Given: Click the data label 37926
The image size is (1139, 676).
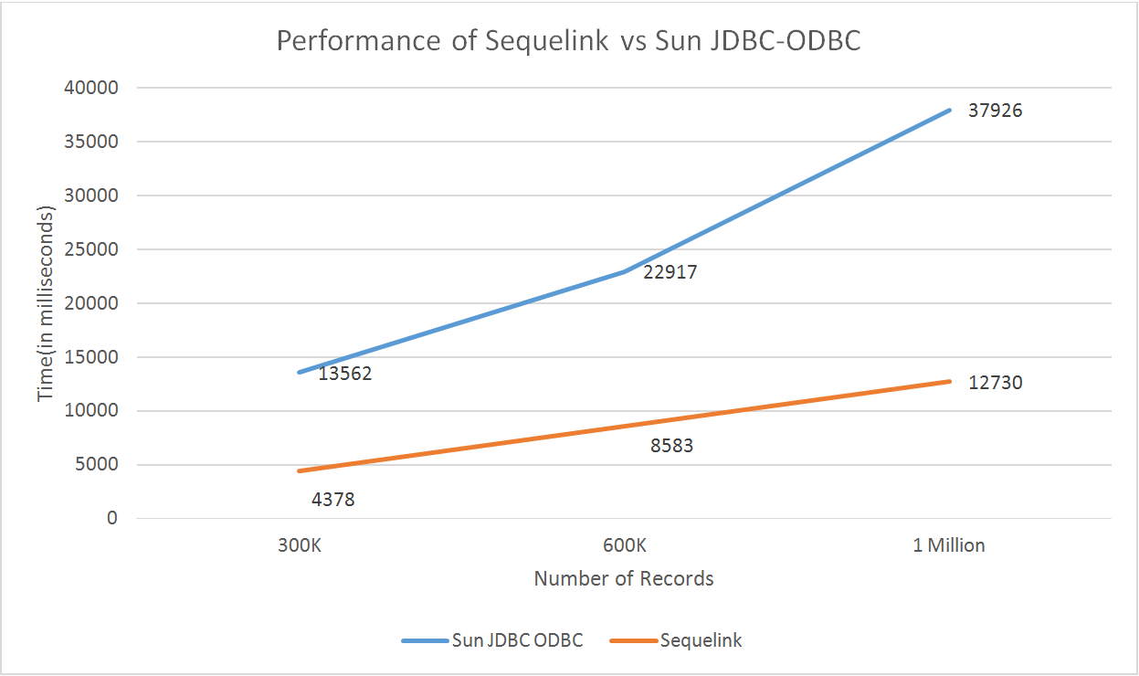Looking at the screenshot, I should (x=995, y=111).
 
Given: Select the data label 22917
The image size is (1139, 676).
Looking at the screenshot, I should (x=670, y=272).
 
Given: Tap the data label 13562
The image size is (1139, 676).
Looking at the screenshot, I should (x=344, y=374).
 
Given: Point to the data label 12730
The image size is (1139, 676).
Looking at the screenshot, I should (x=995, y=383).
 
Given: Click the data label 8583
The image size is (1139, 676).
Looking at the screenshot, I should (x=671, y=447).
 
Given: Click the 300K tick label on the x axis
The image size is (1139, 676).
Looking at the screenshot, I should (x=298, y=545).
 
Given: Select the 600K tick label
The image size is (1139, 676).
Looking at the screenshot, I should (x=624, y=545).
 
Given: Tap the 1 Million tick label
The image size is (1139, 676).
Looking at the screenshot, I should (x=949, y=545).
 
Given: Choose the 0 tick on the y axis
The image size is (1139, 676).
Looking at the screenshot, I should (x=112, y=518).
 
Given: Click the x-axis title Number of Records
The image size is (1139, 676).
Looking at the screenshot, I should (x=624, y=578).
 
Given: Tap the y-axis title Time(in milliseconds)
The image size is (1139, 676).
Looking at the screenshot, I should (x=46, y=303).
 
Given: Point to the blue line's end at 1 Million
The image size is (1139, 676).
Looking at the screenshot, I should (x=950, y=110).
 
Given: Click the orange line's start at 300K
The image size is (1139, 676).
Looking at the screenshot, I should (x=298, y=471).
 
